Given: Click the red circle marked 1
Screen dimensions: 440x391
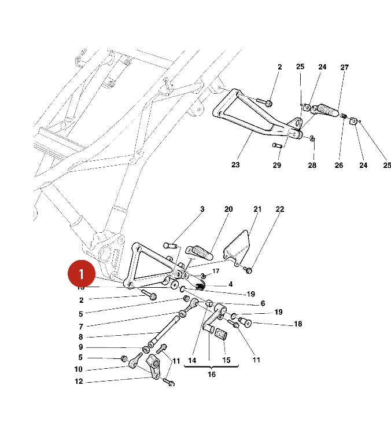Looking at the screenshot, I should [82, 272].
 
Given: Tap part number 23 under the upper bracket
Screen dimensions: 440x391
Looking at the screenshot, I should [235, 165].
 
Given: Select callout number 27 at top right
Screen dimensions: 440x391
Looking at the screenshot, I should [345, 68].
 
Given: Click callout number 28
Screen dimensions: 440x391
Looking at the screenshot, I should [312, 166].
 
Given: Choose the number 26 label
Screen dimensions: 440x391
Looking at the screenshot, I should [339, 166].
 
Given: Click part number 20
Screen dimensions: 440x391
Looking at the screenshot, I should [228, 209].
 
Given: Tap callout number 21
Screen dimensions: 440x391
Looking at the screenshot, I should [257, 209].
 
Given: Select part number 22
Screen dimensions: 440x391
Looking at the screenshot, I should [280, 209].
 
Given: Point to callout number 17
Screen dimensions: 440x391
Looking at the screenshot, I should [216, 271].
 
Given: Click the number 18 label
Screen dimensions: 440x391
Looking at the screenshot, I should [298, 324].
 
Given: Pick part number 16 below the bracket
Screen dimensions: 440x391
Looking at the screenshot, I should [212, 375].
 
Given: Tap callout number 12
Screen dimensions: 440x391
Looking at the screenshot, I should [79, 382].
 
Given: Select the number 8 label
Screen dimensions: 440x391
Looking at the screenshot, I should [81, 337].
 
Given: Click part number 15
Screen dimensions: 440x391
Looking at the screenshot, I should [226, 360].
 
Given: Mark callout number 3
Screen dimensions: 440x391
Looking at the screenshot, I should [202, 209].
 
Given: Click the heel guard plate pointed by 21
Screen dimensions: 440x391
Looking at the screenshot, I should [237, 247].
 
